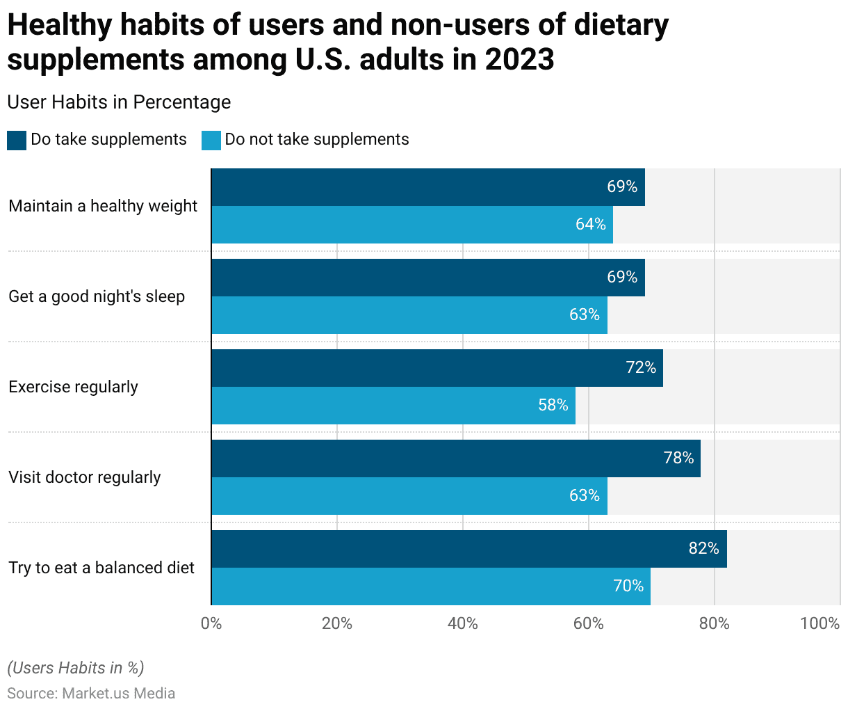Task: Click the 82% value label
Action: pos(703,548)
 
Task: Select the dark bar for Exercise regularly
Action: pos(437,368)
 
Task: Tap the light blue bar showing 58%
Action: pos(393,406)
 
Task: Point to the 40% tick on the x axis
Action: pos(462,623)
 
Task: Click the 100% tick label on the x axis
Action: pos(820,623)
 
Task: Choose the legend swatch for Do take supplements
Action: pos(17,141)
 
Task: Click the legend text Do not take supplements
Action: pos(316,139)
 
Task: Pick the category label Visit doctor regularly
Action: pos(85,477)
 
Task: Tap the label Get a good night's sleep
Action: pos(97,296)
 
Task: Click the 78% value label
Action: pos(678,458)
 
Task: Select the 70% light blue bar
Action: pos(431,586)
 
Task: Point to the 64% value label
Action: pos(590,224)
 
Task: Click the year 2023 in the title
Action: pos(519,59)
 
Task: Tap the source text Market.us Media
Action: pos(118,694)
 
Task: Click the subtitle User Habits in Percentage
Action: pos(119,102)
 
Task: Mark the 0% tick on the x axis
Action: pos(211,623)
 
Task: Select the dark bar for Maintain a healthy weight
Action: pos(427,187)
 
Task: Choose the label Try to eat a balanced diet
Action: pos(101,568)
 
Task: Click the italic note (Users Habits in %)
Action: pos(76,668)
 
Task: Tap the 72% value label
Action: pos(641,367)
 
